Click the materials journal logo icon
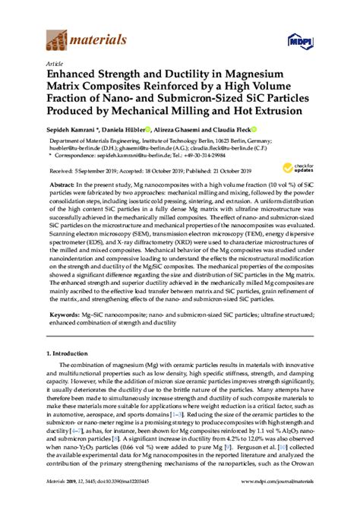pos(57,34)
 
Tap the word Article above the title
pos(55,64)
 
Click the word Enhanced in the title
pos(73,76)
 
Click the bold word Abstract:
pos(62,184)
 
